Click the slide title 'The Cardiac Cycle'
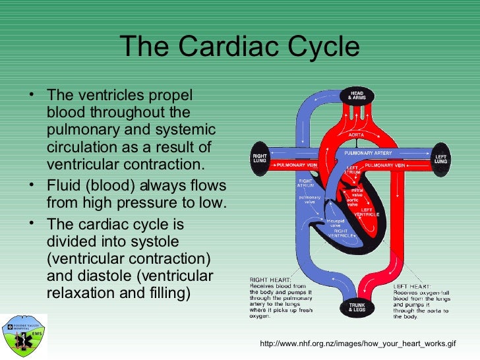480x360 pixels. tap(240, 47)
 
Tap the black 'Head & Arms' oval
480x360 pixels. tap(357, 96)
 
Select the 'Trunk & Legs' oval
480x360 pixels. tap(357, 307)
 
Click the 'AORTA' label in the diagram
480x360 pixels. tap(356, 134)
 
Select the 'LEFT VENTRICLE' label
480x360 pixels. tap(367, 212)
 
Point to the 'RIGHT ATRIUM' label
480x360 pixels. tap(305, 183)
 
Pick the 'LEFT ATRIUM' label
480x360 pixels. tap(354, 170)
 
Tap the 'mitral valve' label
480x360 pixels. tap(357, 192)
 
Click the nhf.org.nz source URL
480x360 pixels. tap(358, 344)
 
